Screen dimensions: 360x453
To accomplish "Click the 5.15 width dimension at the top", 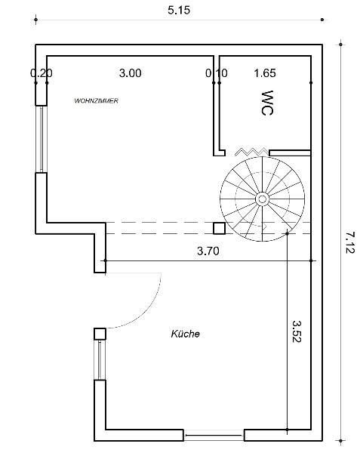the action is coord(179,10).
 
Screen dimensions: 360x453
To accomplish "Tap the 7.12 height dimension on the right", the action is coord(350,242).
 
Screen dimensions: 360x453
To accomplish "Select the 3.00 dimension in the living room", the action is coord(131,73).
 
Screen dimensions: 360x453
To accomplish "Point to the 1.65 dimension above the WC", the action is coord(265,73).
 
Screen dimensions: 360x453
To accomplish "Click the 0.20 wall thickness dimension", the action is coord(42,73).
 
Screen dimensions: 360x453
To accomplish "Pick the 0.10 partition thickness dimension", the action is coord(217,73).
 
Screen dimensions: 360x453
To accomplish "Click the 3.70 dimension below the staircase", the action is coord(208,251).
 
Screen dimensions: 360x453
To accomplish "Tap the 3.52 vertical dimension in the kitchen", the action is coord(297,331).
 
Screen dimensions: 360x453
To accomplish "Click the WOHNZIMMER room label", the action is coord(96,101).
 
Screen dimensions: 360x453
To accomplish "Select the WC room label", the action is coord(267,103).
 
